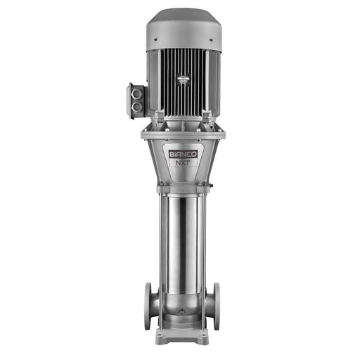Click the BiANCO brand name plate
[184, 154]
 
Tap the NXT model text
[184, 162]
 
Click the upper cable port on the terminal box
[136, 94]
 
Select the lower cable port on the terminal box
[136, 107]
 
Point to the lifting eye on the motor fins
[184, 79]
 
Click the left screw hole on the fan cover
[155, 40]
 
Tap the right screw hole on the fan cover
[211, 40]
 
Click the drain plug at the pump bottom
[181, 312]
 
